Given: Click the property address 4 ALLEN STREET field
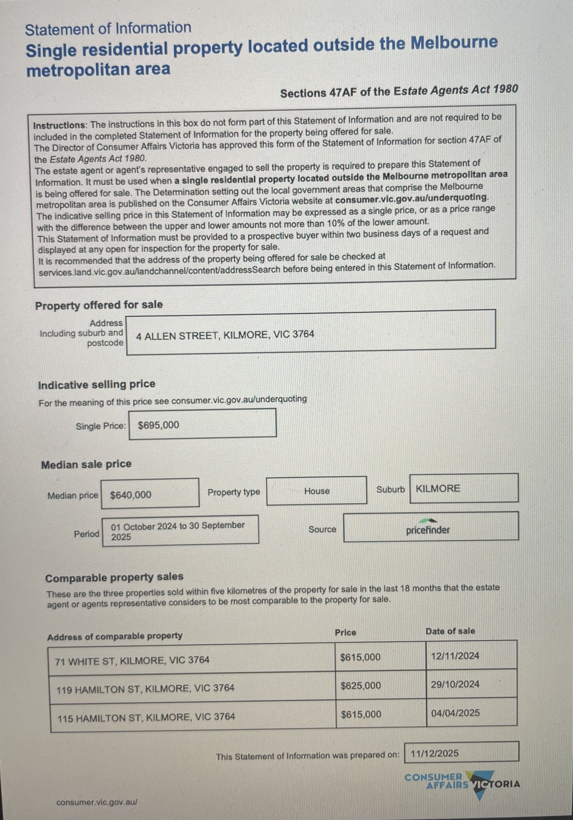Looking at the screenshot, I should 225,335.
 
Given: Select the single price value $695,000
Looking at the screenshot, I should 158,425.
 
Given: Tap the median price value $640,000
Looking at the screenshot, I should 131,495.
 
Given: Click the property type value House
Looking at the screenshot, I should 317,491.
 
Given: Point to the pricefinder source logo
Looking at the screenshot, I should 428,528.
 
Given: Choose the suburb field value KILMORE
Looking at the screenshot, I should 438,488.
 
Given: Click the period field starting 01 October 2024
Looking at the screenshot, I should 178,531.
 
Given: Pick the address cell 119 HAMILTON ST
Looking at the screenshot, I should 145,688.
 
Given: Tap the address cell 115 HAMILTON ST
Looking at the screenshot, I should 146,717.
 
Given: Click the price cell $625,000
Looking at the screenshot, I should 361,685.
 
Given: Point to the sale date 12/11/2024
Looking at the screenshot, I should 455,656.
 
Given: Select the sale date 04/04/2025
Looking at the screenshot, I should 455,713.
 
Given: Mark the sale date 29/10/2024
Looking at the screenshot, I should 455,684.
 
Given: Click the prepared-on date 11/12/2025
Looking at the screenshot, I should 435,753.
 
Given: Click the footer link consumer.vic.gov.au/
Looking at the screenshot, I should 96,802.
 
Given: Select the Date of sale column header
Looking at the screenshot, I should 450,631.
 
